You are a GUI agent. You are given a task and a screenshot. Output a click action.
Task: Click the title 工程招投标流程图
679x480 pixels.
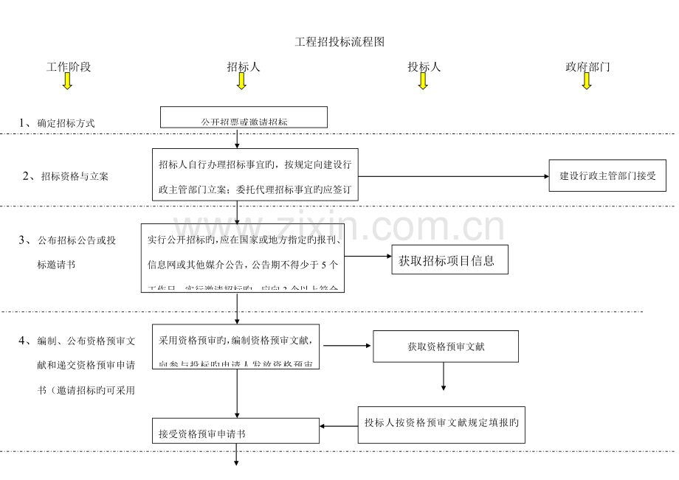click(x=339, y=42)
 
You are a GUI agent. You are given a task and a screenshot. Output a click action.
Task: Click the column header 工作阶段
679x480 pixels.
click(x=69, y=67)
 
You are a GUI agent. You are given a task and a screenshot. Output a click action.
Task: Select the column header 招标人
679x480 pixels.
click(x=243, y=67)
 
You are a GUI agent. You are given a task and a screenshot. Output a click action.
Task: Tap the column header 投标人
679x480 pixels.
click(x=424, y=67)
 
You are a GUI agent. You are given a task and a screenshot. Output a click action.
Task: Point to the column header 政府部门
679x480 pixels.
click(x=587, y=67)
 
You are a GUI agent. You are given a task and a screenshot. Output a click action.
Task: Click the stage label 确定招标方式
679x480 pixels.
click(x=66, y=123)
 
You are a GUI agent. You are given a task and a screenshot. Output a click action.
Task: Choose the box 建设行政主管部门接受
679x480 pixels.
click(x=607, y=176)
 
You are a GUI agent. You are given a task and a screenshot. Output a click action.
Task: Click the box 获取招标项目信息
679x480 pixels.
click(x=449, y=260)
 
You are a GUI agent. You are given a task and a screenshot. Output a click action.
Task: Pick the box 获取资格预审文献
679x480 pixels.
click(x=446, y=346)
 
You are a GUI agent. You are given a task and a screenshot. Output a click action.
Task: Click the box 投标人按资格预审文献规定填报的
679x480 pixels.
click(x=441, y=423)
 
